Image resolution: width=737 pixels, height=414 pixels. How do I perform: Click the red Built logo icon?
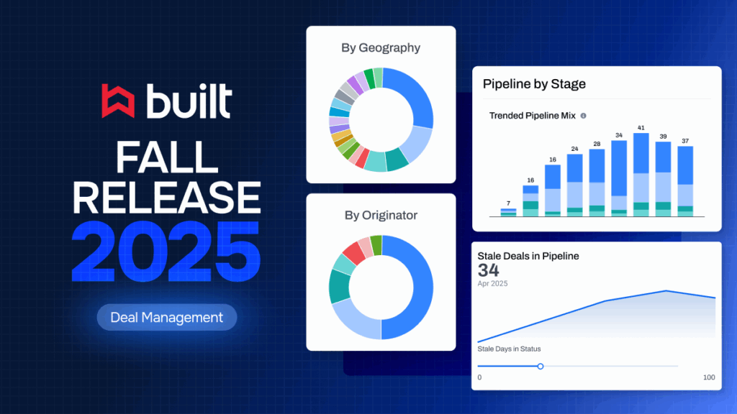coord(118,101)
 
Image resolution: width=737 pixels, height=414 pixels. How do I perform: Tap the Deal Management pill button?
coord(167,317)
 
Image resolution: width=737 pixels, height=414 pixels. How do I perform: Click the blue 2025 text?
coord(166,252)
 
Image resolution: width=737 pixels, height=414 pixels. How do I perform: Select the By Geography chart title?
coord(381,48)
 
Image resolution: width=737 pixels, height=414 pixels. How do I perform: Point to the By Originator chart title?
coord(381,216)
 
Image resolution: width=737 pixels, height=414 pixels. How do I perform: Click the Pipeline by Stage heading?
coord(535,84)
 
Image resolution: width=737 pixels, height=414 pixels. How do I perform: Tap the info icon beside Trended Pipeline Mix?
coord(583,116)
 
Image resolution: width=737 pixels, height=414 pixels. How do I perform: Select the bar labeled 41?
coord(641,175)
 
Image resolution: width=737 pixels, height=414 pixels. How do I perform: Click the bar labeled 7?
coord(509,213)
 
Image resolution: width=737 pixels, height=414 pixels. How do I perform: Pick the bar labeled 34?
coord(619,178)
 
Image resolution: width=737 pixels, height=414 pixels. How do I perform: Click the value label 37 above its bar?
coord(685,141)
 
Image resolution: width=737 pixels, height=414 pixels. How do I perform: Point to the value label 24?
coord(575,149)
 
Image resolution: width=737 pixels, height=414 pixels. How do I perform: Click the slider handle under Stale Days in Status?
coord(541,366)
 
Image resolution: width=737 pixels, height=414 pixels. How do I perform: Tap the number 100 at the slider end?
coord(709,377)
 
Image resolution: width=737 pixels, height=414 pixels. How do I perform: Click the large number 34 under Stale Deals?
coord(489,270)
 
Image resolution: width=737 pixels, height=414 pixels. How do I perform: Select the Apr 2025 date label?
coord(492,283)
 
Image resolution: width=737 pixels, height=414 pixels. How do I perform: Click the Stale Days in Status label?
coord(509,349)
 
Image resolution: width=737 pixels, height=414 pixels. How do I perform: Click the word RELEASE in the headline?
coord(166,198)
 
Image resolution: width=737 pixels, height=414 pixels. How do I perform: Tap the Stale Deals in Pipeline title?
coord(528,257)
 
